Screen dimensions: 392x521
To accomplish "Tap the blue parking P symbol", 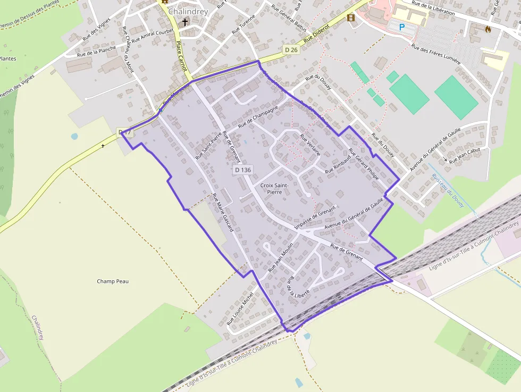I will pos(402,26).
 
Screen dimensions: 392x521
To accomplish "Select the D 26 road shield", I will pos(291,49).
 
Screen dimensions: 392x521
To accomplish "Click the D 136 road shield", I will pos(242,170).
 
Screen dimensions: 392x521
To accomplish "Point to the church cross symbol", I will pos(185,22).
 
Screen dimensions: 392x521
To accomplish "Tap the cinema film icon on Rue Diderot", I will pos(350,18).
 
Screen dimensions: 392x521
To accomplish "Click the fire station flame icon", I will pos(488,29).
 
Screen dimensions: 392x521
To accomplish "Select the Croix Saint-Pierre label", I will pos(274,188).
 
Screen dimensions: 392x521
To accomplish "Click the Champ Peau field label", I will pos(113,281).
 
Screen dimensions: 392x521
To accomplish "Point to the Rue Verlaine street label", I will pos(310,144).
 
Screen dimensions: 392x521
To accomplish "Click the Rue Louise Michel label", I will pos(241,308).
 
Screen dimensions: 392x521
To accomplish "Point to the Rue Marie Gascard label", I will pos(223,212).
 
